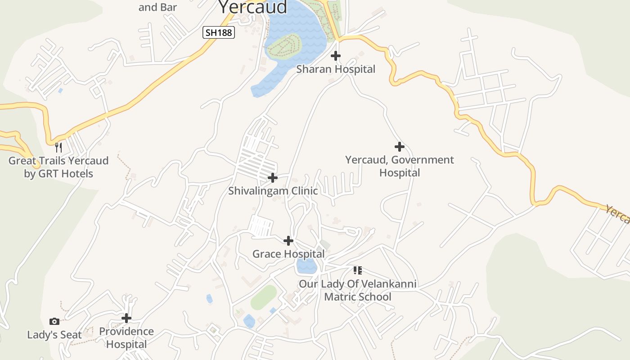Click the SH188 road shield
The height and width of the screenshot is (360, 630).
(219, 32)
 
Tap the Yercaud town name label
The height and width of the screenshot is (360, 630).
(252, 7)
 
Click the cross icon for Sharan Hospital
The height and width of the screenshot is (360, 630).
(336, 56)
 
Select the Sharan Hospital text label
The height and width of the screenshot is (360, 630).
(336, 69)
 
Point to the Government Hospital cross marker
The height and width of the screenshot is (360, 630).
(400, 147)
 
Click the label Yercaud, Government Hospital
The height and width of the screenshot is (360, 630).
(400, 166)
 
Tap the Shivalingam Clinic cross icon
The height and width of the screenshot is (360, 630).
(273, 178)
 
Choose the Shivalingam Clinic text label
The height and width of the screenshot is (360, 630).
(273, 191)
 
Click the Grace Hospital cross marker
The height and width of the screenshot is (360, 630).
(288, 241)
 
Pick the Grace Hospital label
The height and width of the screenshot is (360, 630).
(288, 254)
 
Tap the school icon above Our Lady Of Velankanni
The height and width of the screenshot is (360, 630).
(358, 270)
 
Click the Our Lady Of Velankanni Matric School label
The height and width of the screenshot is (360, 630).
(358, 290)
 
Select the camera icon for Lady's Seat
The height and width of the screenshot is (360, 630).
(54, 321)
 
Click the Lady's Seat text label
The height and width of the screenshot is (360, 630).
(54, 335)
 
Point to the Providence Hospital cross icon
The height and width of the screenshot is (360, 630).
(126, 318)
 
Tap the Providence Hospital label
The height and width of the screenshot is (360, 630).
(126, 338)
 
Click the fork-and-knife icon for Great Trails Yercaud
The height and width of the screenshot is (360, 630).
(58, 147)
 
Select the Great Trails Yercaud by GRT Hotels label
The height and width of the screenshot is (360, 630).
(58, 167)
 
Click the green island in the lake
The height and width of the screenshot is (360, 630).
(283, 46)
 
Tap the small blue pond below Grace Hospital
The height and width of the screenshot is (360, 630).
(306, 267)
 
